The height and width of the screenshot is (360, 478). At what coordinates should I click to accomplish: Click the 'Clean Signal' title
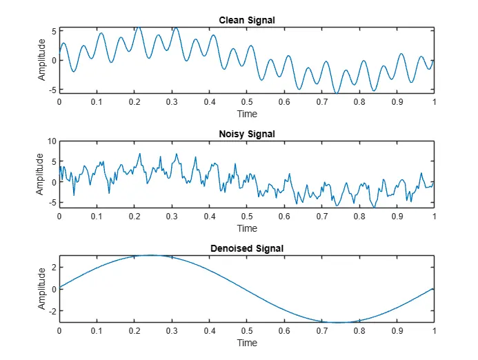point(247,20)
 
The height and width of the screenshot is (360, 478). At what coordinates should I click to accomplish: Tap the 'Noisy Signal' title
point(247,134)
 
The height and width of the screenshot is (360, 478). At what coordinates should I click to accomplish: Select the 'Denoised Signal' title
point(247,248)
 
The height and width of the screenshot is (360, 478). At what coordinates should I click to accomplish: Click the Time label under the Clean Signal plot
point(247,114)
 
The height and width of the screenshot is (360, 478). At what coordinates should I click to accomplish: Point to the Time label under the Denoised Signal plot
point(247,342)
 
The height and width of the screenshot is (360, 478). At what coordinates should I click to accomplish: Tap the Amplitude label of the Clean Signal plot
point(42,59)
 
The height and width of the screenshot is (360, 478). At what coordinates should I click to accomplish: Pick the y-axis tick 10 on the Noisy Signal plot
point(51,141)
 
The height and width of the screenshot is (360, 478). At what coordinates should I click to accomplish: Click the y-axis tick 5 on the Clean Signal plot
point(53,31)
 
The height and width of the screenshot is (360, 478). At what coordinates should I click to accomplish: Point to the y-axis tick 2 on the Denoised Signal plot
point(53,267)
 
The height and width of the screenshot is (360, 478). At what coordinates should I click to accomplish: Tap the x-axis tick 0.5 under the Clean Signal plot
point(247,101)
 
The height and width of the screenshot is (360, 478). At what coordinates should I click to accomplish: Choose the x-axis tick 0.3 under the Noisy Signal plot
point(172,216)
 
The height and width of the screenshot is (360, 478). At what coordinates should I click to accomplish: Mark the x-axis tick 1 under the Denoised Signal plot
point(434,330)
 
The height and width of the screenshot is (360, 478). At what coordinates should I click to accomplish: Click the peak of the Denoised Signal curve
point(152,255)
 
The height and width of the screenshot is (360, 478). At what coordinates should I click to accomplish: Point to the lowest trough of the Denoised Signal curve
point(340,322)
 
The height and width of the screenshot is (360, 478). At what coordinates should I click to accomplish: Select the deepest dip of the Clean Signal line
point(336,92)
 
